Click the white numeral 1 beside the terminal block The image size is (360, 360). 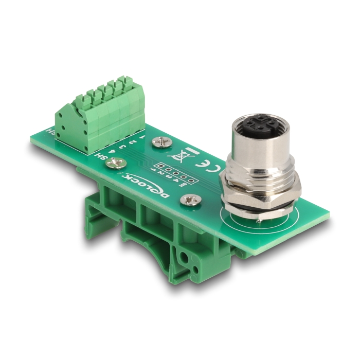(141, 137)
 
